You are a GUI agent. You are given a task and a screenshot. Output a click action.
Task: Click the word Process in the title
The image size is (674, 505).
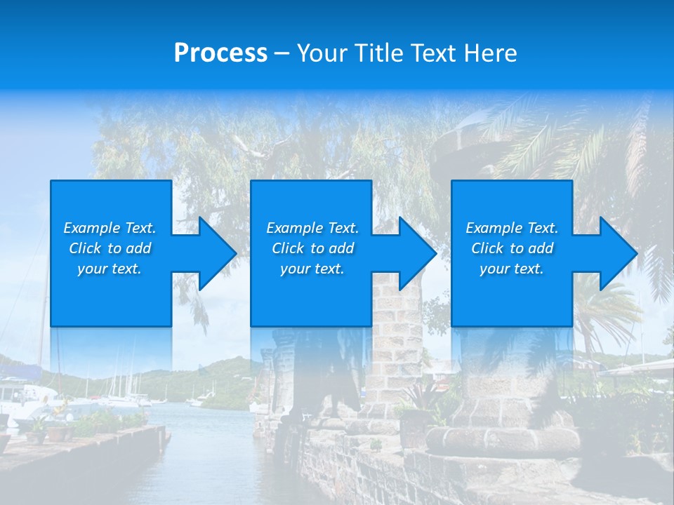(x=220, y=53)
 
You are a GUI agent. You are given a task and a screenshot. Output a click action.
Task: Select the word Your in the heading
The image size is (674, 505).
(x=323, y=53)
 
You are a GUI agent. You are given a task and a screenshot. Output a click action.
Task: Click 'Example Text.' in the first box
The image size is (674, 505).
(x=110, y=228)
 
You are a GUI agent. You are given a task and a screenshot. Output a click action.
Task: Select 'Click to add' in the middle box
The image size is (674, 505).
(x=312, y=248)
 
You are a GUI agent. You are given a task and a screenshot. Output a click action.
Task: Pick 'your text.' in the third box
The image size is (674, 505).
(x=511, y=269)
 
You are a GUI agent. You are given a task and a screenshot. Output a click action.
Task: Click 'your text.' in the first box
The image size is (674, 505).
(x=110, y=269)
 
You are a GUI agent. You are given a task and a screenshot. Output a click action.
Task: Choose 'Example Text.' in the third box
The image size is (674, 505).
(x=511, y=228)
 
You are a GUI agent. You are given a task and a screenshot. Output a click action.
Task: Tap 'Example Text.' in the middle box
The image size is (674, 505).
(x=312, y=228)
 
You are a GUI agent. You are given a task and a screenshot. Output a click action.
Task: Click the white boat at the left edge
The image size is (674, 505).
(x=21, y=396)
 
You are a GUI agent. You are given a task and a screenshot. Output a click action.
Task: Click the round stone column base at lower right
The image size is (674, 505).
(x=502, y=438)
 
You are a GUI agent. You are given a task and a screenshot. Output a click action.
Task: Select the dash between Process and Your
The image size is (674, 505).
(x=282, y=53)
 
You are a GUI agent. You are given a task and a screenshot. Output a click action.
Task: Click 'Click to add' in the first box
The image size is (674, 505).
(x=110, y=248)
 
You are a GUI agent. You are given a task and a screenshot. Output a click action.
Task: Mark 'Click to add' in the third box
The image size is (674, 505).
(x=512, y=248)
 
